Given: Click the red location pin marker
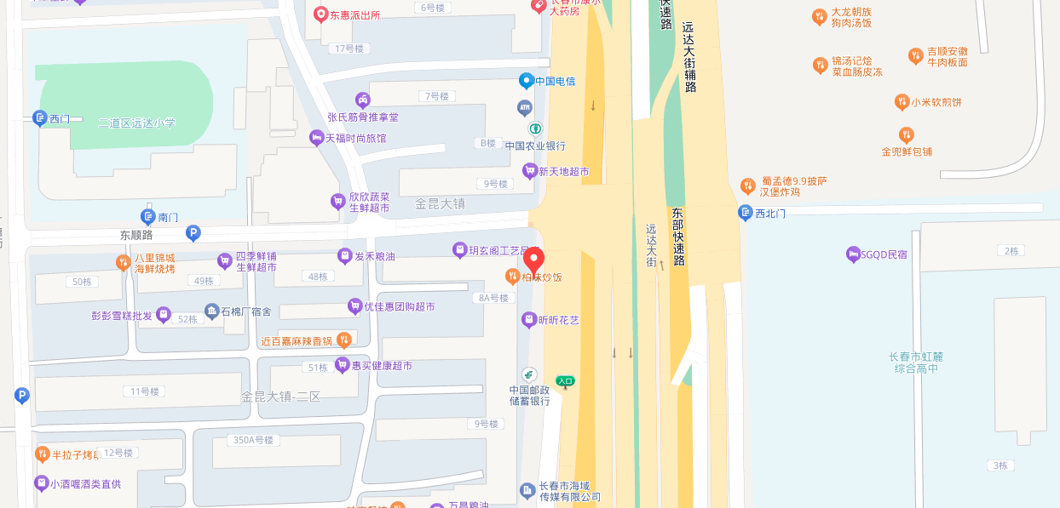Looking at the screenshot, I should coord(533,260).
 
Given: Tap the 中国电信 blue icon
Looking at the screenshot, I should coord(527,81).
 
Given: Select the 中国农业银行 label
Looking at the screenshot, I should coord(535,146).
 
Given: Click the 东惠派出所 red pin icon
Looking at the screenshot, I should coord(320,14).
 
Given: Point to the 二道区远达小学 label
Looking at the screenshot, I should coord(136,123).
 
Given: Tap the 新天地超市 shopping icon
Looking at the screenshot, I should coord(530,171).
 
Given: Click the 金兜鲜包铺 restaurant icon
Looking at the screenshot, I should coord(907,134).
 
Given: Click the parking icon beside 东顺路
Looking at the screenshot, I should coord(193,232).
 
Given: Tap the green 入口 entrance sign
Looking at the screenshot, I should coord(565,381).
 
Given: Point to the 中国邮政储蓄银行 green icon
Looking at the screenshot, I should coord(529,375).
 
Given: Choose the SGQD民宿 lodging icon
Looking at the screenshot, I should coord(853,254).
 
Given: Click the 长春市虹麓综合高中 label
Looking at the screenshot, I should coord(916,362).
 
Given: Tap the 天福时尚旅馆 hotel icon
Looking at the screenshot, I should coord(316,138).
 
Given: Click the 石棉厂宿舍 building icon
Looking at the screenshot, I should coord(212,311).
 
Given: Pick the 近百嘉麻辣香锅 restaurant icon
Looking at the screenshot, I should coord(343,340).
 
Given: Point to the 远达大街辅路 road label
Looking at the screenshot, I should coord(689,56).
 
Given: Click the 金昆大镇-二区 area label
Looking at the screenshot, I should coord(280,397).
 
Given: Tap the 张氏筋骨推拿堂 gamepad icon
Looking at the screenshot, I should coord(363,100).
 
